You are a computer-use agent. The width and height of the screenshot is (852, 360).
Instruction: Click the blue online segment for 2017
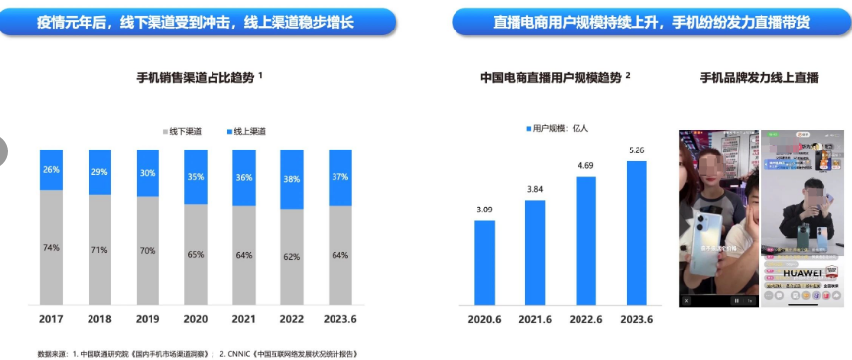pyautogui.click(x=51, y=169)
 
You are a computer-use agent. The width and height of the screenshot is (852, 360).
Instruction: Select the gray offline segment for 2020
pyautogui.click(x=196, y=254)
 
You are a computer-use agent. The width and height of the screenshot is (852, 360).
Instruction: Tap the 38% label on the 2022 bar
pyautogui.click(x=291, y=180)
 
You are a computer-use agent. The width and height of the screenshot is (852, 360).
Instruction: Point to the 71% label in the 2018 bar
pyautogui.click(x=99, y=250)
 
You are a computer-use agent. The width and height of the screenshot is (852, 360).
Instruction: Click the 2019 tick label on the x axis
pyautogui.click(x=148, y=319)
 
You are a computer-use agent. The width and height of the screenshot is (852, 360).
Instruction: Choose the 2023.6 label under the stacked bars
pyautogui.click(x=339, y=319)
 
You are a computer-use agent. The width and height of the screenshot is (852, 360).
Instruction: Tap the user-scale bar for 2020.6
pyautogui.click(x=484, y=262)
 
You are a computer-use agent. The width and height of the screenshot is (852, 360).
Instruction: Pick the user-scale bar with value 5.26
pyautogui.click(x=637, y=232)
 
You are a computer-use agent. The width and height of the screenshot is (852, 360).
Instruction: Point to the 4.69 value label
pyautogui.click(x=585, y=165)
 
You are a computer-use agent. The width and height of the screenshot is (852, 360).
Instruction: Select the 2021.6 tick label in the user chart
pyautogui.click(x=535, y=319)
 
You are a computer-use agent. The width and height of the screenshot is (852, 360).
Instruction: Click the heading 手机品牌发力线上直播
pyautogui.click(x=759, y=77)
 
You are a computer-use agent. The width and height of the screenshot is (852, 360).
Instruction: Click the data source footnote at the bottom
pyautogui.click(x=197, y=351)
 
